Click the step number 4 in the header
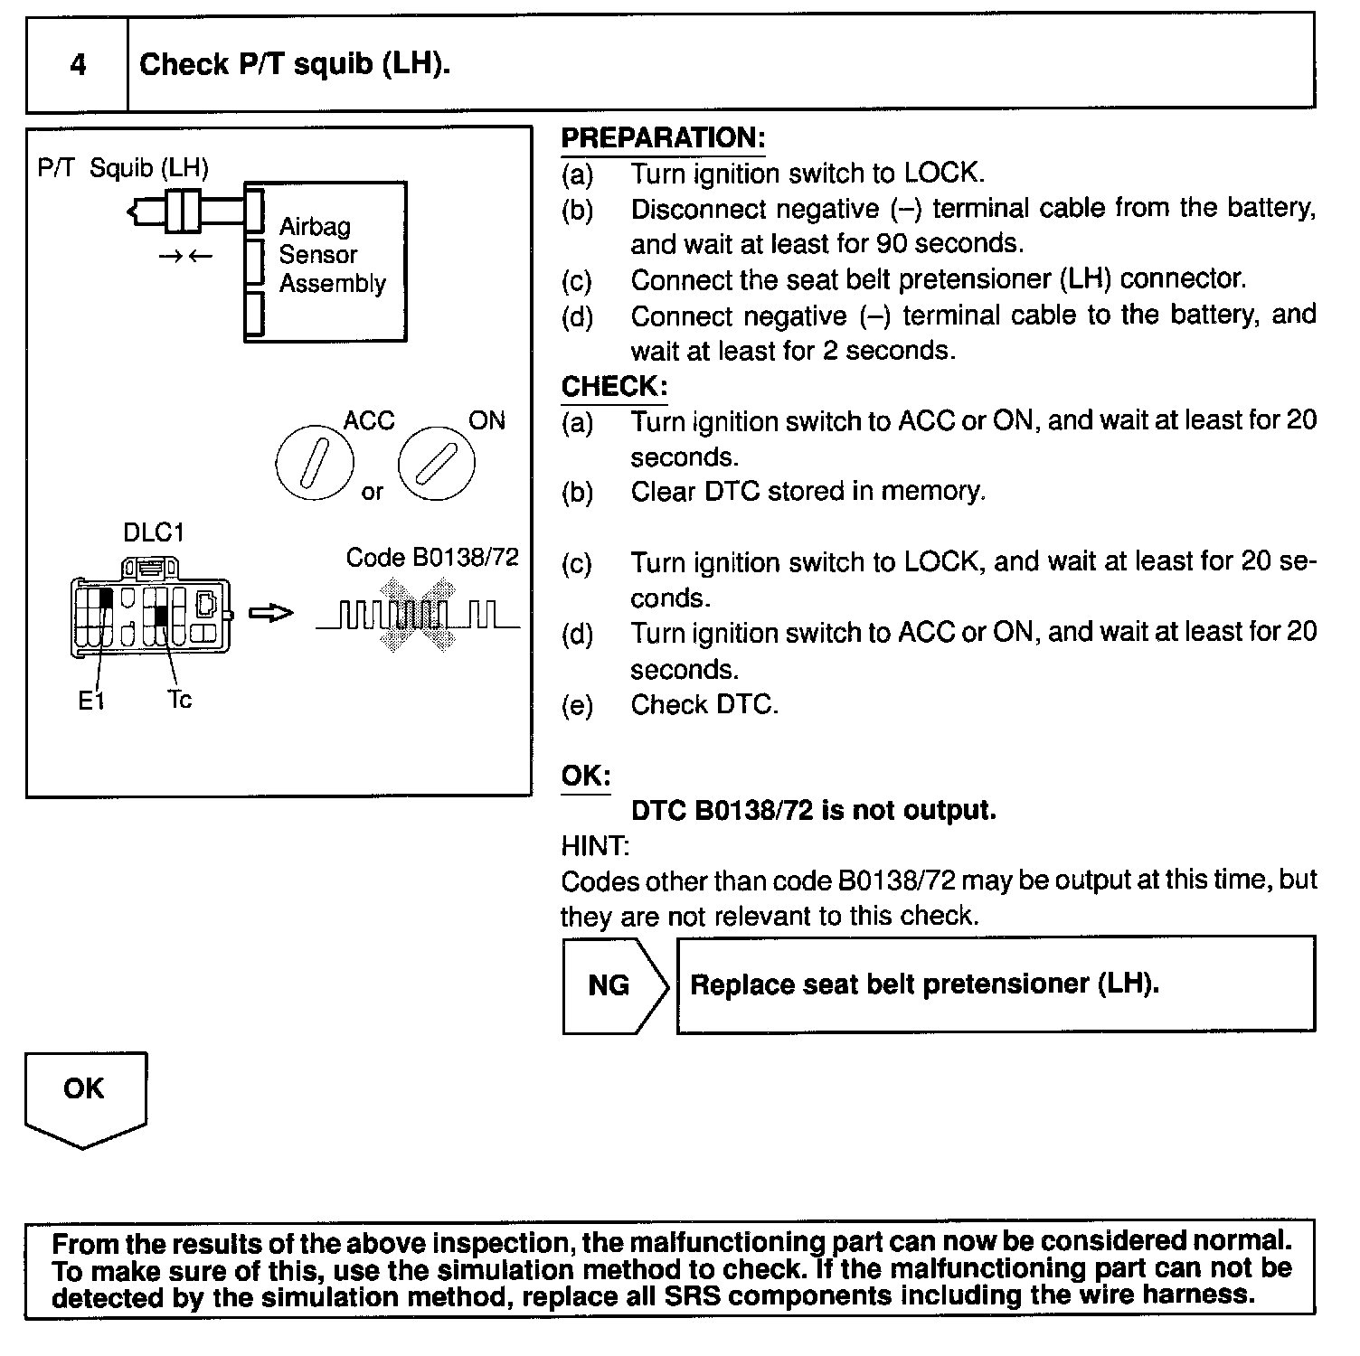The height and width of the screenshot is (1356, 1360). (x=79, y=65)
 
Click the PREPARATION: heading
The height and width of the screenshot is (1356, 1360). (x=663, y=138)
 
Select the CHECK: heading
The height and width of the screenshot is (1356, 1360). (x=614, y=387)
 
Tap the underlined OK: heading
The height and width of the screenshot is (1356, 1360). (x=586, y=777)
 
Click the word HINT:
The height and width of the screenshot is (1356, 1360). (x=595, y=846)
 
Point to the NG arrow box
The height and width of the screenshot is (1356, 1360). (x=613, y=984)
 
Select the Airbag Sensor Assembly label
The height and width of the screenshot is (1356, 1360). (x=331, y=255)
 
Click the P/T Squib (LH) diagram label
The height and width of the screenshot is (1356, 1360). (x=124, y=168)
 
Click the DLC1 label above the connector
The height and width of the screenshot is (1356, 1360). (x=153, y=532)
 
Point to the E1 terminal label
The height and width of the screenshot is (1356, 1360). (x=91, y=701)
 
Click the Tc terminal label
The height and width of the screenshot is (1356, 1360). (x=179, y=700)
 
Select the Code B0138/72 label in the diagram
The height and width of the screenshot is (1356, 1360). (x=432, y=557)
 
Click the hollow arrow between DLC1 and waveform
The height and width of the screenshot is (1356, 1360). (x=270, y=614)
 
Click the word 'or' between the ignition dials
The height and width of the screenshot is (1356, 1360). (x=373, y=493)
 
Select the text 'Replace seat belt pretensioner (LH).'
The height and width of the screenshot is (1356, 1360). (x=924, y=984)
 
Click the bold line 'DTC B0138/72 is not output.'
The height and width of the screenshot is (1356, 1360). (x=813, y=810)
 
